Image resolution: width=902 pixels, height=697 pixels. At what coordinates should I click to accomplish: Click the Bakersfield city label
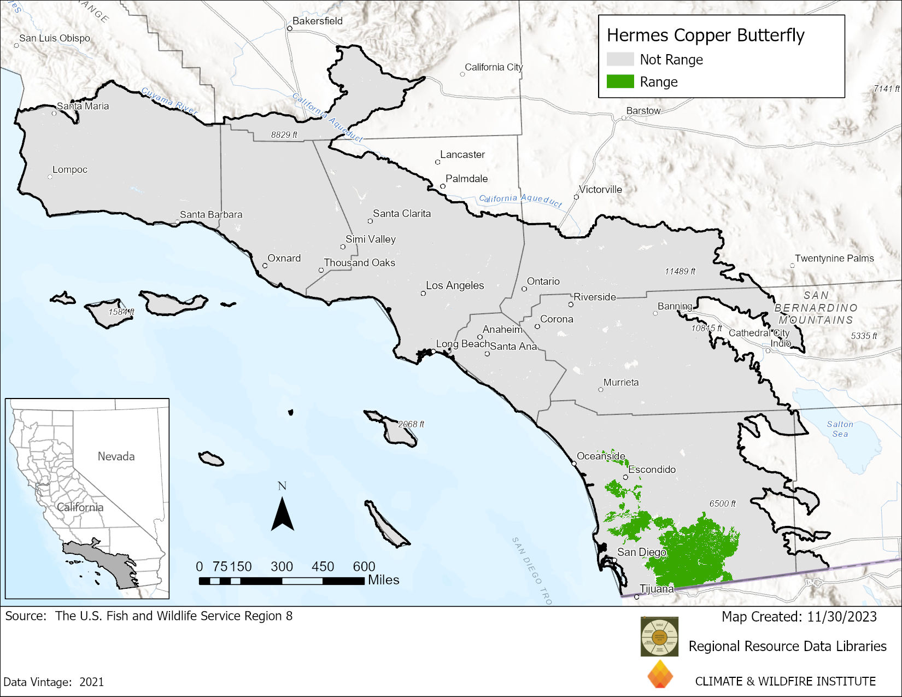[317, 21]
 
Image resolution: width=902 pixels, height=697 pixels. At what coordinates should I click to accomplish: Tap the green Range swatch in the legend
[620, 82]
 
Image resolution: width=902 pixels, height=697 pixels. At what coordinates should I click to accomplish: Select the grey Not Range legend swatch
[620, 60]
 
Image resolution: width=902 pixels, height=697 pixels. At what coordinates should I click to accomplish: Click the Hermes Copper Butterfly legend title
[705, 36]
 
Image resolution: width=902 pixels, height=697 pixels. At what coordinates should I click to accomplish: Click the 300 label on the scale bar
[282, 567]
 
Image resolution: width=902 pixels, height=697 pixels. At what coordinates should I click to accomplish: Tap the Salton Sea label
[840, 429]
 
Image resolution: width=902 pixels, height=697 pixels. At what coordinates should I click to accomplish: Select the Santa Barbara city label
[211, 215]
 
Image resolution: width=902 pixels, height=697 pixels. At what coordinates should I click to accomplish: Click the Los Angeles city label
[455, 285]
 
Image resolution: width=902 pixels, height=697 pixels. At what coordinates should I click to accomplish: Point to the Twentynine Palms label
[834, 259]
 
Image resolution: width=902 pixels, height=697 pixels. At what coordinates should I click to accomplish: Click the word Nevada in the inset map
[116, 456]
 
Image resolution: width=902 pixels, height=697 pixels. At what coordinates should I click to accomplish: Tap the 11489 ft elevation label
[680, 271]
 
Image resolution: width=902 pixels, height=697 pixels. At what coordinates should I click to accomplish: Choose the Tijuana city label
[657, 589]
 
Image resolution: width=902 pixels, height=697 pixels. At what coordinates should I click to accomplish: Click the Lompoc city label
[70, 170]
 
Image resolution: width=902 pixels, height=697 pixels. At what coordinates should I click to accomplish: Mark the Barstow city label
[643, 111]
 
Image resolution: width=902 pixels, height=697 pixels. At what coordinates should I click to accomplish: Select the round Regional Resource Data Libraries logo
[659, 636]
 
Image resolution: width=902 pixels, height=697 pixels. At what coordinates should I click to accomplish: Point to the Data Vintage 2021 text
[54, 682]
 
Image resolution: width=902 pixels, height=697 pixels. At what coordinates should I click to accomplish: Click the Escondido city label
[652, 470]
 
